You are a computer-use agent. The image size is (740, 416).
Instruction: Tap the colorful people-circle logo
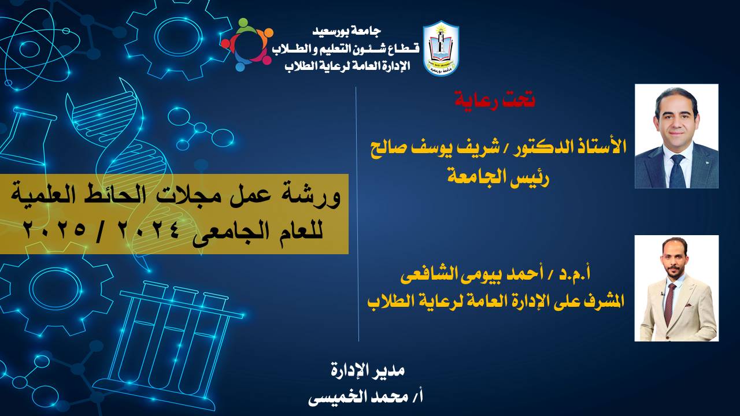point(247,44)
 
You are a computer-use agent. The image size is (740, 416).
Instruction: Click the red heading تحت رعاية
point(494,98)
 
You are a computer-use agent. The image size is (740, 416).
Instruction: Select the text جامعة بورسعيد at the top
point(346,31)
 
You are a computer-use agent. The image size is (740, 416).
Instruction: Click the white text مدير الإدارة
point(367,370)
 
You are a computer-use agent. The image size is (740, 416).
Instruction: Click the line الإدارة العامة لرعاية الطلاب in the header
point(347,66)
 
